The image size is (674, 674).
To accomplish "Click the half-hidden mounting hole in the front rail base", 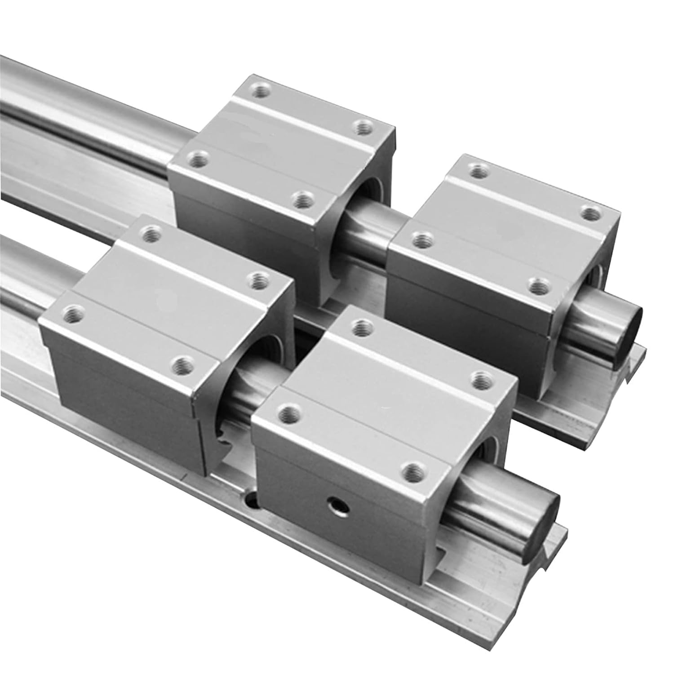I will [251, 498].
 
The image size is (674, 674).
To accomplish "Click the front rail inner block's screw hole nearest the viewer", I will [184, 366].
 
